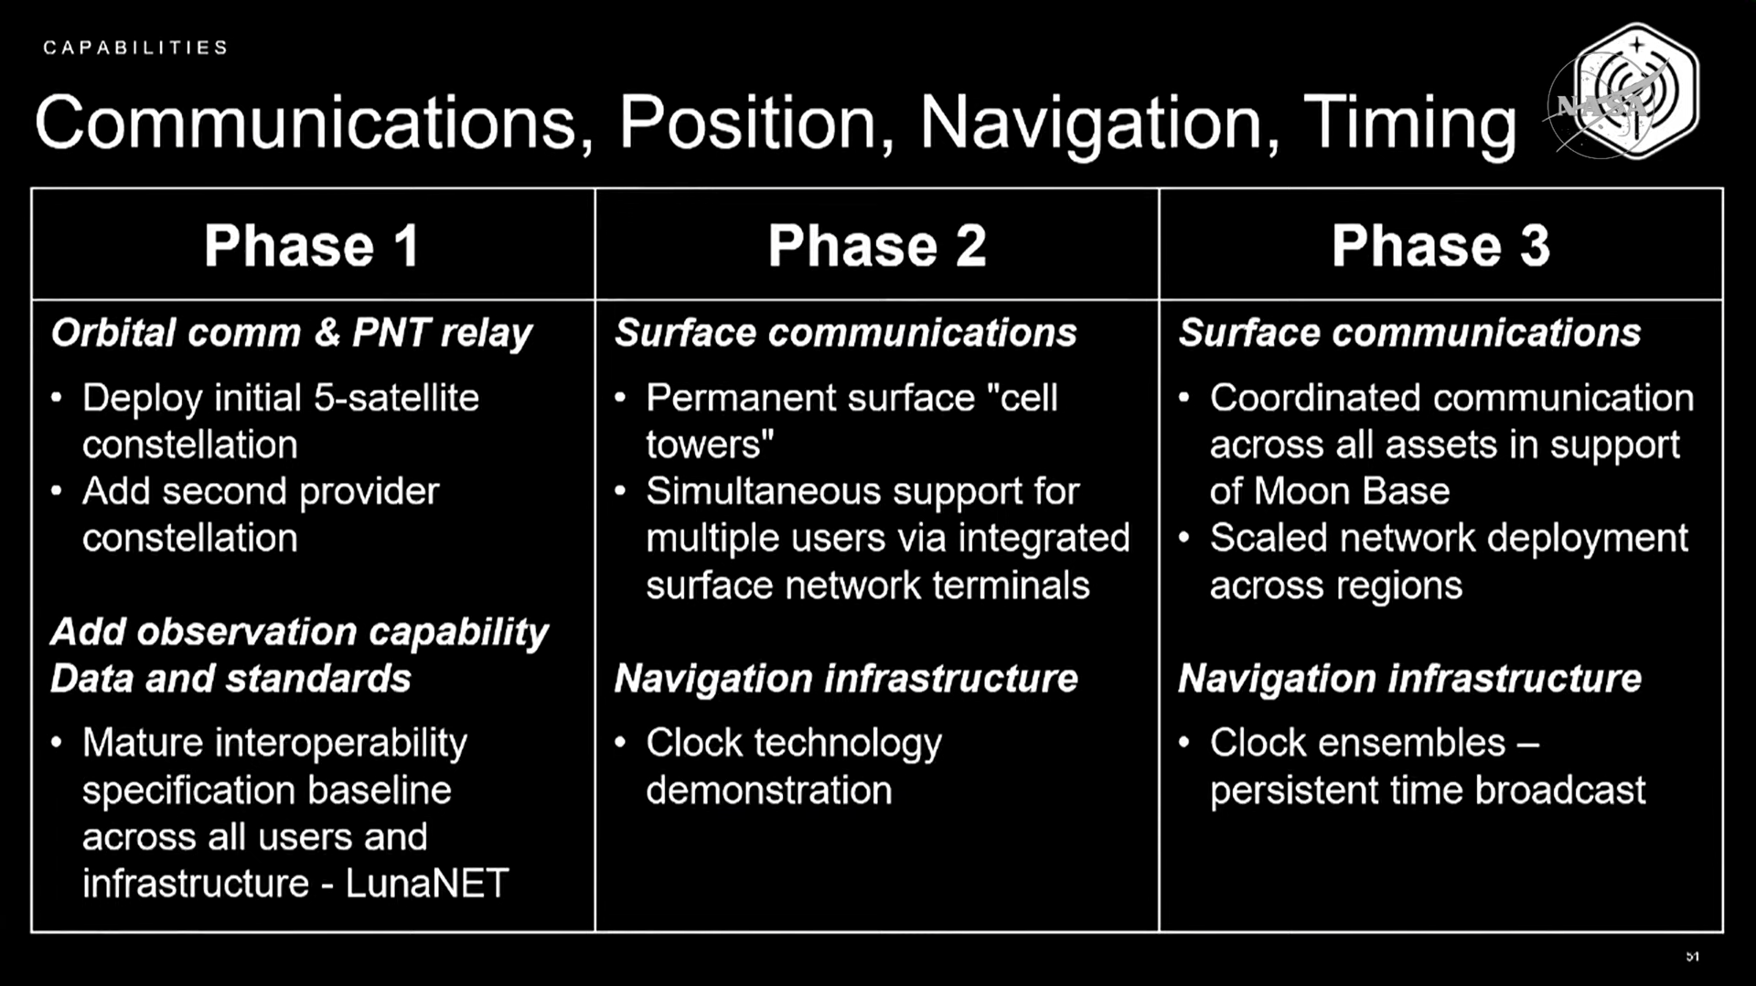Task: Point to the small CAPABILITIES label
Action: click(135, 48)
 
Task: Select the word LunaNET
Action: click(426, 884)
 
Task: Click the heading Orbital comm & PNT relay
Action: click(292, 333)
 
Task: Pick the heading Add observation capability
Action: click(299, 632)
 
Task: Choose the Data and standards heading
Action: click(230, 679)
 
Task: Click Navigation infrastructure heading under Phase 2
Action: click(846, 679)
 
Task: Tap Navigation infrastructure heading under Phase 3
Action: click(1409, 679)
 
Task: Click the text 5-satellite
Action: click(396, 398)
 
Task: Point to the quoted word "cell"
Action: click(1023, 398)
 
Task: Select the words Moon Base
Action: click(1352, 491)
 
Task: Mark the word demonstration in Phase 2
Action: click(768, 790)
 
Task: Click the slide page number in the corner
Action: click(1692, 957)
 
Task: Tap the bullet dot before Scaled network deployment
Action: click(1184, 537)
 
